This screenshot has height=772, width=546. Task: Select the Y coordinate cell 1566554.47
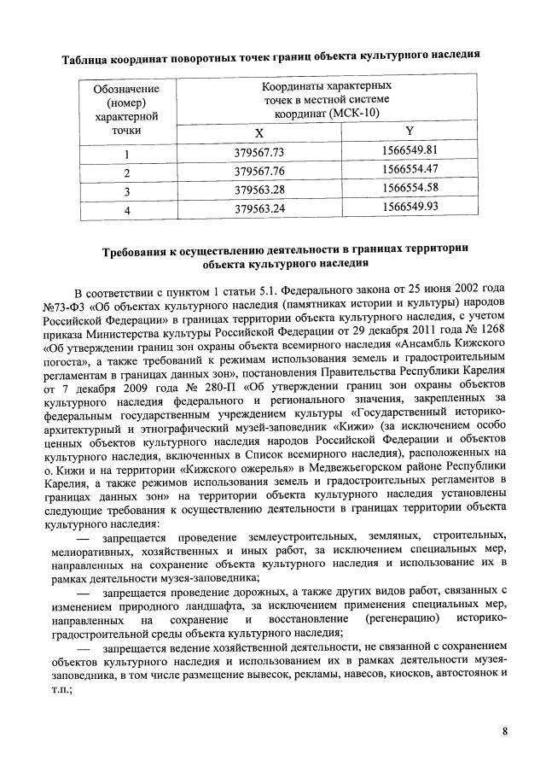410,170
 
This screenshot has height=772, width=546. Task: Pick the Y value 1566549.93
410,207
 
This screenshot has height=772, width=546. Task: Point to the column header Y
409,132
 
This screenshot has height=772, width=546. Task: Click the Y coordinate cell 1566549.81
410,151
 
